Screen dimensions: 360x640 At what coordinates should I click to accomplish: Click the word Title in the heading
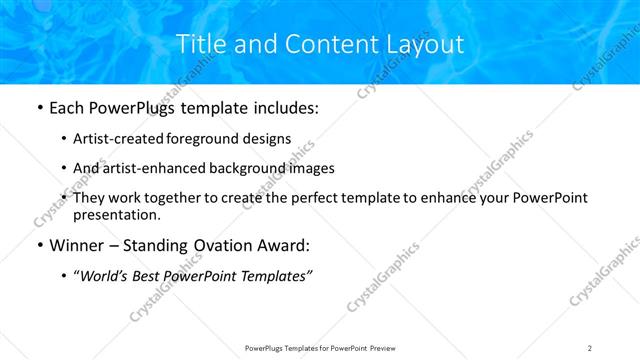[200, 44]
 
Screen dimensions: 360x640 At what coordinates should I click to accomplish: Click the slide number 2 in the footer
[590, 347]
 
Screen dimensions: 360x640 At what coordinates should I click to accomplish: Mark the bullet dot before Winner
[39, 246]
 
